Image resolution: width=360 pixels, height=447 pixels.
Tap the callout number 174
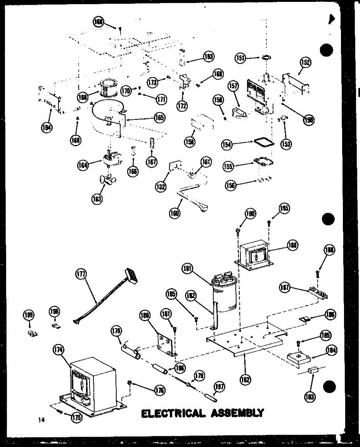point(59,350)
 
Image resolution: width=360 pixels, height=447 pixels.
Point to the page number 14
point(41,420)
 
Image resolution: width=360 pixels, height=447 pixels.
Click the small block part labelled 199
point(32,333)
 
